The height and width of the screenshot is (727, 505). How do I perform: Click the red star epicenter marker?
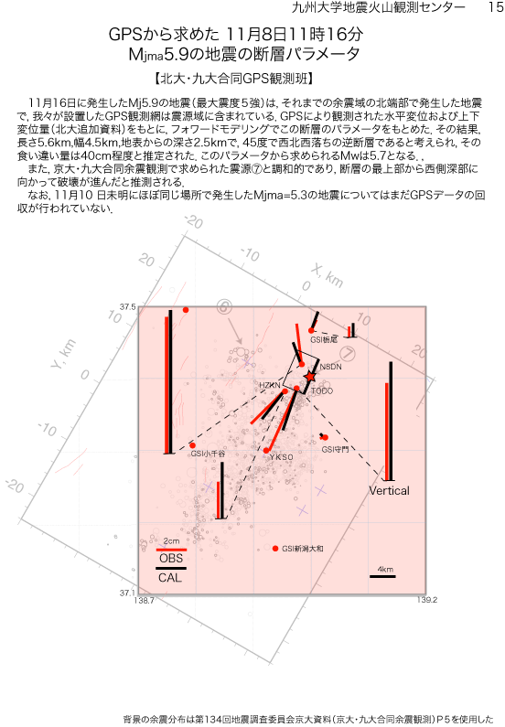310,377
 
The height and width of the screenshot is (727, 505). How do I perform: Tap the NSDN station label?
330,367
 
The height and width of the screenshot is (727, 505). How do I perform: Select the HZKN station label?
270,385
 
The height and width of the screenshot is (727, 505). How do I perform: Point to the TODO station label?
322,390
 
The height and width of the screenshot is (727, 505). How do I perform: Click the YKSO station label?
281,457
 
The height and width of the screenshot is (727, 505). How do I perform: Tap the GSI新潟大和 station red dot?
275,549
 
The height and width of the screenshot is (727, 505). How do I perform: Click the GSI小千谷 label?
208,454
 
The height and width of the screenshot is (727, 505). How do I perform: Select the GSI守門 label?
335,449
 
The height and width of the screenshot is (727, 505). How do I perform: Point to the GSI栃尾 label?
324,340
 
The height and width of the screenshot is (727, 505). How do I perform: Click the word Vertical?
389,490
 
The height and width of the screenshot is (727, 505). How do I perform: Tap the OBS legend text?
171,558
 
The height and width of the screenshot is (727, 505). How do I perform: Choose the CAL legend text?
170,578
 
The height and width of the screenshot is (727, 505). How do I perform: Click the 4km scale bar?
382,576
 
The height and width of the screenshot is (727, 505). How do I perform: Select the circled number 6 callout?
224,306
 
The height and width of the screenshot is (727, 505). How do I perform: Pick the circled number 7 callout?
348,354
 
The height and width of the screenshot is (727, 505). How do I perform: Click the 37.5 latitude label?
128,307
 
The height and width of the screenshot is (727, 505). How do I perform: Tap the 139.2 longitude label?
427,600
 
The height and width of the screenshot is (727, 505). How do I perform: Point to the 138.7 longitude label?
144,601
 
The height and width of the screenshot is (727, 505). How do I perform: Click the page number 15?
495,7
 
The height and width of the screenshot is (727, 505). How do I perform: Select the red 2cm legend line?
171,550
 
